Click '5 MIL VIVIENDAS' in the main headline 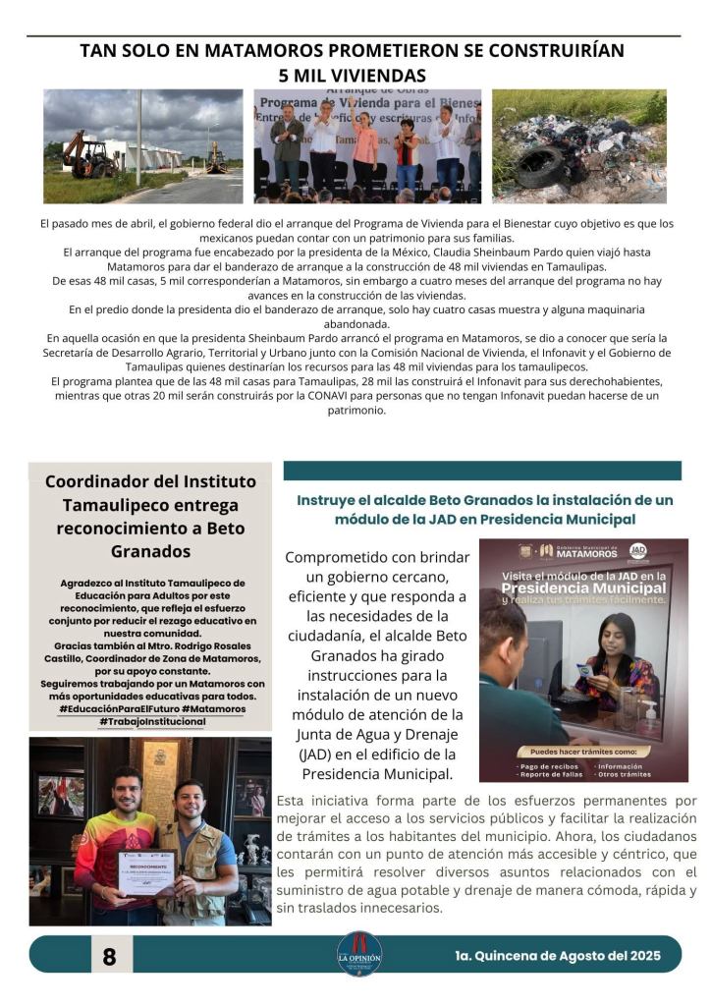pos(352,75)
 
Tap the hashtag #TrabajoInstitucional pos(151,721)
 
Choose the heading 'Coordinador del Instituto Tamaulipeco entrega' pos(150,493)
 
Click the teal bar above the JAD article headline pos(482,471)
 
